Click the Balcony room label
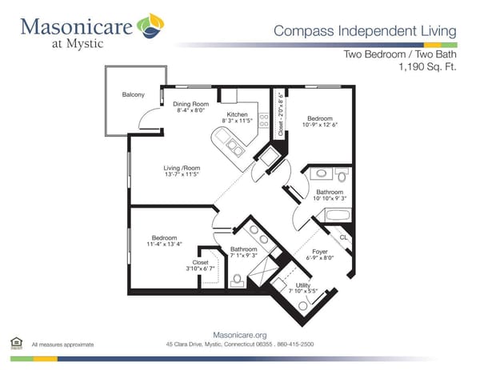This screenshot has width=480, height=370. [133, 95]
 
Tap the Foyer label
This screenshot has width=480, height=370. [320, 250]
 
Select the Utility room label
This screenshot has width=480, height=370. [302, 284]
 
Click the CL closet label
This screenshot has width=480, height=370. [342, 237]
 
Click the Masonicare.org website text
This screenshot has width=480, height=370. [239, 335]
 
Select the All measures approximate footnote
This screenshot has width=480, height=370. [62, 344]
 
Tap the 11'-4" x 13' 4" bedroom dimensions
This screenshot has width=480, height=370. [165, 245]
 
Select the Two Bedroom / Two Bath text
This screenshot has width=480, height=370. [400, 54]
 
